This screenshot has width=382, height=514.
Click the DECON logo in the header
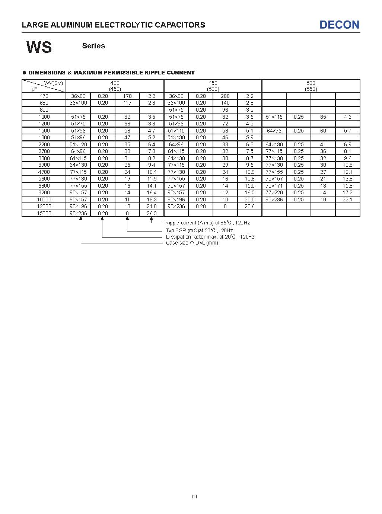click(339, 25)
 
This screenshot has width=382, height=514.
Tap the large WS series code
click(39, 47)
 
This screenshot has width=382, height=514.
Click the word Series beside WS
click(93, 46)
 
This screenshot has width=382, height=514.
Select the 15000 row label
click(44, 213)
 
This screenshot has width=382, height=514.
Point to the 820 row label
click(44, 110)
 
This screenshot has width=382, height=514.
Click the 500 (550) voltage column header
click(311, 86)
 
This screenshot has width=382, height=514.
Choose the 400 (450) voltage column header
click(115, 86)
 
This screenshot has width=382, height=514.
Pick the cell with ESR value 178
click(127, 96)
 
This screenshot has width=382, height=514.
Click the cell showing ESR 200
click(225, 96)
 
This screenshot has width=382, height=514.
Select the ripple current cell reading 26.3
click(152, 213)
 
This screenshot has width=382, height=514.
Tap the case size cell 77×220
click(274, 192)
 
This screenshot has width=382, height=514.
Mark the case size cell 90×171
click(274, 186)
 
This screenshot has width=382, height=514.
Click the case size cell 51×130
click(176, 137)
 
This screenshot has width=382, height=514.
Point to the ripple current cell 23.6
click(249, 206)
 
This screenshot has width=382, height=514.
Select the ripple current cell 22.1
click(347, 199)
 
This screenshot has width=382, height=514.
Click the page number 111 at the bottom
click(194, 497)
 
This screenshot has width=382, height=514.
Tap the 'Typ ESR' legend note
click(199, 231)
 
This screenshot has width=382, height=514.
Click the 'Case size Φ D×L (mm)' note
click(192, 243)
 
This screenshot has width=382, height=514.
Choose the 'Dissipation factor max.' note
click(210, 237)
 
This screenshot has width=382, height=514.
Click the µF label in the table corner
click(35, 89)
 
